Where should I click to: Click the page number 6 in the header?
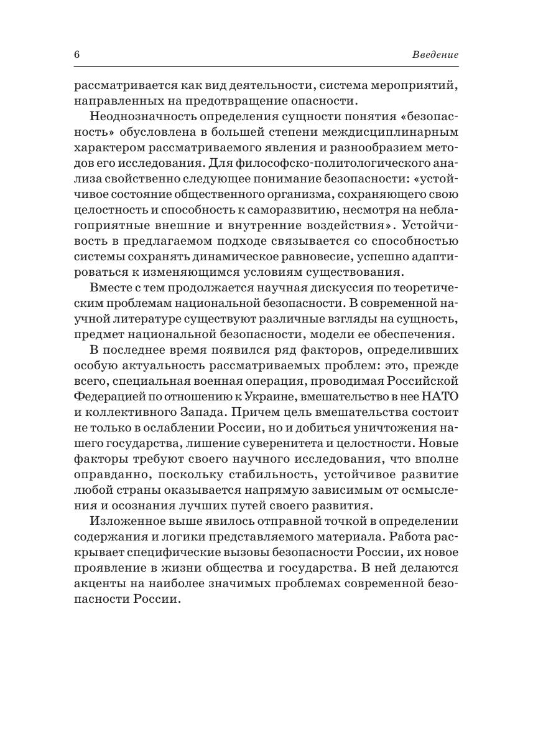[x=76, y=55]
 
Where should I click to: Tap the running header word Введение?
[x=435, y=55]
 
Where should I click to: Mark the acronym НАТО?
[x=439, y=395]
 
